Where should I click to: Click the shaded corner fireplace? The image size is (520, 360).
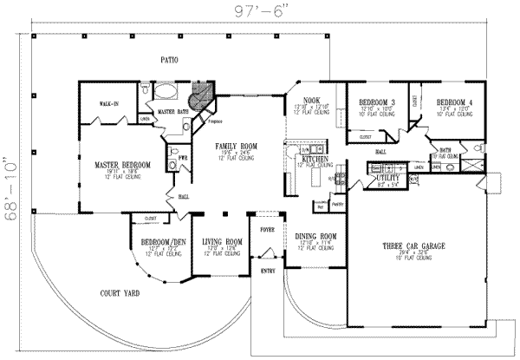pos(203,95)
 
